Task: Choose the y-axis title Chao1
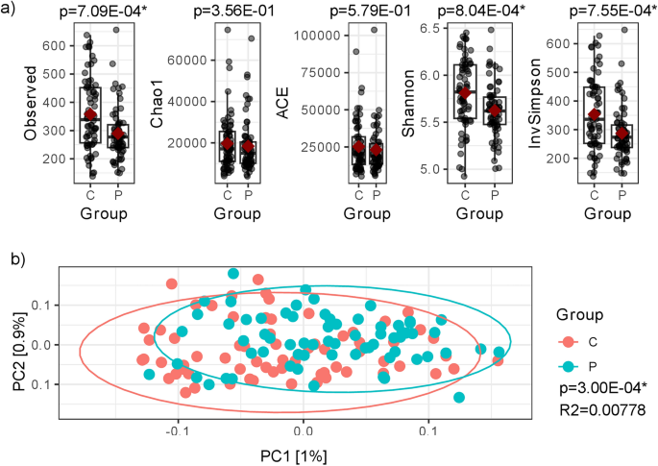point(157,104)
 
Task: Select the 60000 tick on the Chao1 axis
point(183,60)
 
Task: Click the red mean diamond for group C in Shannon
point(466,93)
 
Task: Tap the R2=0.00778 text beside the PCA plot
point(600,410)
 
